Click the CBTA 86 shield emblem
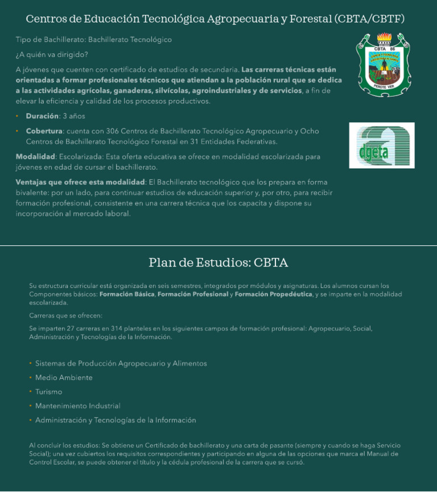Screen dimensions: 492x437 coord(383,64)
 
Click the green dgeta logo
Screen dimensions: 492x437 coord(381,145)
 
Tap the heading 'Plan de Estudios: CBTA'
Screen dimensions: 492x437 coord(218,262)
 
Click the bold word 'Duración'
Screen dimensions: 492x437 coord(42,116)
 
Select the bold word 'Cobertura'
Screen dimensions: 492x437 coord(44,131)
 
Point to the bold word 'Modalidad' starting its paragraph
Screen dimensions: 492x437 coord(35,156)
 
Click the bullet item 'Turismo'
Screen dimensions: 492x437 coord(48,392)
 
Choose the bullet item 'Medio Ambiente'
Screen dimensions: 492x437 coord(64,378)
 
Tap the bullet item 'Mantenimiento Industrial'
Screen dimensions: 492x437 coord(77,406)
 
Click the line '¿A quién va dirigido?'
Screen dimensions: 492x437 coord(52,55)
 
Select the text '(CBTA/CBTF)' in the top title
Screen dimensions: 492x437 coord(370,19)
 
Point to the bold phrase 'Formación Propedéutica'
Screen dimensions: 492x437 coord(273,294)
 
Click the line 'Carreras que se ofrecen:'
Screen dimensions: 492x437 coord(65,315)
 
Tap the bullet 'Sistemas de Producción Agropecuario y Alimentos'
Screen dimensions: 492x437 coord(121,364)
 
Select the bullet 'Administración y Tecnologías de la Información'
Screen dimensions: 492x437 coord(116,420)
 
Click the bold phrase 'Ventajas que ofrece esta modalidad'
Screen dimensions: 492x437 coord(80,182)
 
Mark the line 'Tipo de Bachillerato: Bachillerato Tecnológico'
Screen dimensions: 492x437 coord(93,40)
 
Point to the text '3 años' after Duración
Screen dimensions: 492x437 coord(73,116)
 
